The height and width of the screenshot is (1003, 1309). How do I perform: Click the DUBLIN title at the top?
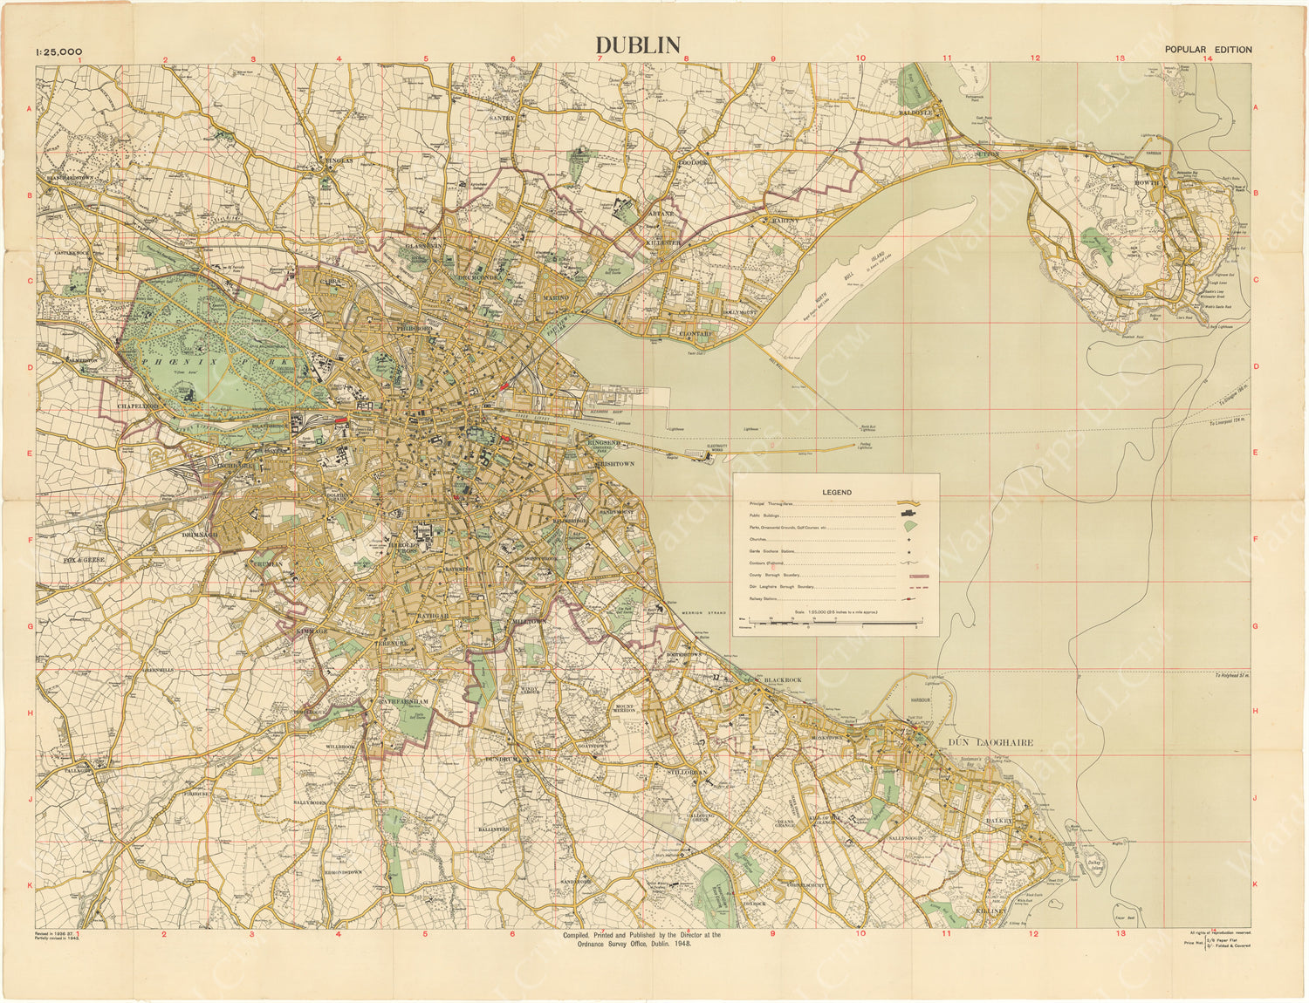pos(637,45)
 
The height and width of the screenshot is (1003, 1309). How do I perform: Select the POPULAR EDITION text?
pos(1208,50)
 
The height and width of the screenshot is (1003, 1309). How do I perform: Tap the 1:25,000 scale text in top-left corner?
pos(58,51)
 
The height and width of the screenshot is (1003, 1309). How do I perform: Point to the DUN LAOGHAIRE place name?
pos(990,742)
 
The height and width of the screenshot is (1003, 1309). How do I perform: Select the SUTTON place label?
pos(986,154)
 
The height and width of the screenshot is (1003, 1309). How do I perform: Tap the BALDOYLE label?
pos(916,113)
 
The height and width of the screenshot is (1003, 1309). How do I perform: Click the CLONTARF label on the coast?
pos(696,333)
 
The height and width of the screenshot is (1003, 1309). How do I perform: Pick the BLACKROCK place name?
pos(782,680)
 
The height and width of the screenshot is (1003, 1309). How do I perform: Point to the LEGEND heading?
pos(836,493)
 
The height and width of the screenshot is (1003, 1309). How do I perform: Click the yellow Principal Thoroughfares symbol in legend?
pos(909,505)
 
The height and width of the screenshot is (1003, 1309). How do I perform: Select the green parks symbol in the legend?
pos(909,528)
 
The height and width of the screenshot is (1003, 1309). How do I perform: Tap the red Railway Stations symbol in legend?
pos(909,599)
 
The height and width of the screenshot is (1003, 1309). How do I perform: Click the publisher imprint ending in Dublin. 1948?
pos(641,939)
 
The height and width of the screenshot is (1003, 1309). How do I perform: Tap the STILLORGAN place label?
pos(684,773)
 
